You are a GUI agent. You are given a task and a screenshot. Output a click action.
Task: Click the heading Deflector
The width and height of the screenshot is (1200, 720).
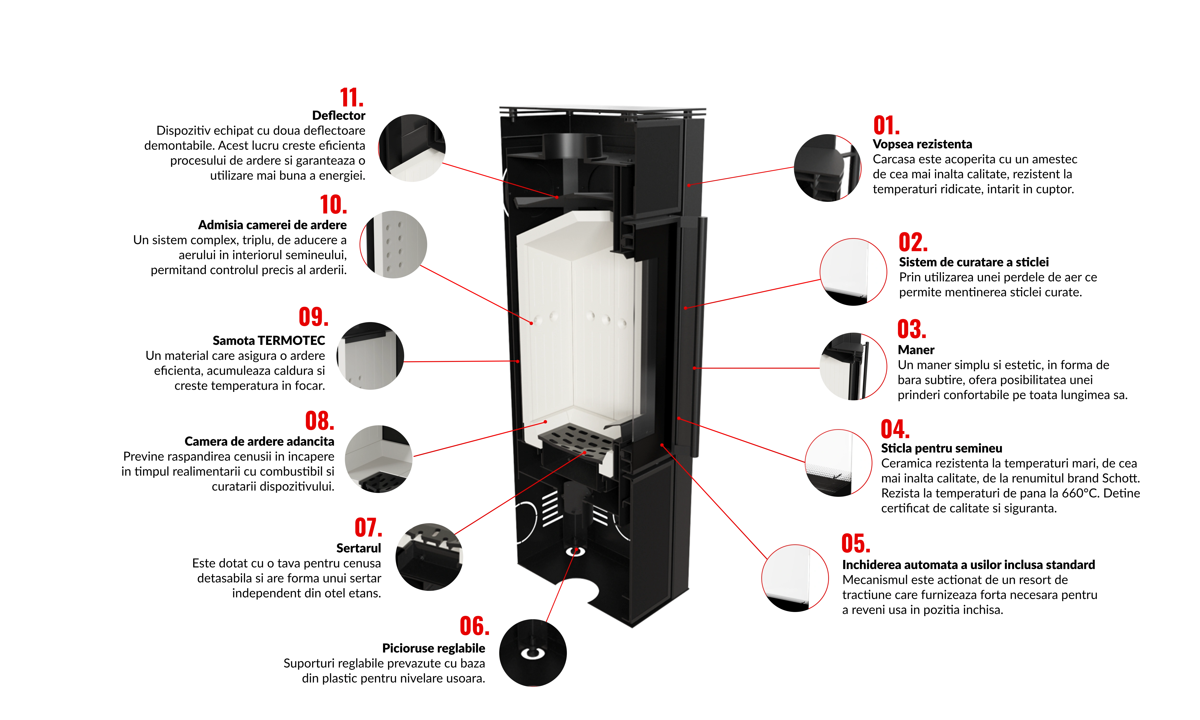coord(339,115)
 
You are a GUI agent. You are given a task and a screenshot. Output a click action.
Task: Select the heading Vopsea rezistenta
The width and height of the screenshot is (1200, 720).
coord(922,144)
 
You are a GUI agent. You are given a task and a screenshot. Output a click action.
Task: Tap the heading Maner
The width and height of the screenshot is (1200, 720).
coord(916,350)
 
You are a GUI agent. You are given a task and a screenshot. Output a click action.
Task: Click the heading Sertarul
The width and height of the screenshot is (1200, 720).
coord(359,548)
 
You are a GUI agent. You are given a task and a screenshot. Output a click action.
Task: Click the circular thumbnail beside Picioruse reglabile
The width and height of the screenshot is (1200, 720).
coord(533,653)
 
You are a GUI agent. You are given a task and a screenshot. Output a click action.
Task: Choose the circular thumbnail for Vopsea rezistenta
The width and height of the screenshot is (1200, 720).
coord(828,168)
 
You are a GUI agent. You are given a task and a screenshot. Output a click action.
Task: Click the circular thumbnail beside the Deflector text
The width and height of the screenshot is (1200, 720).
coord(412,148)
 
